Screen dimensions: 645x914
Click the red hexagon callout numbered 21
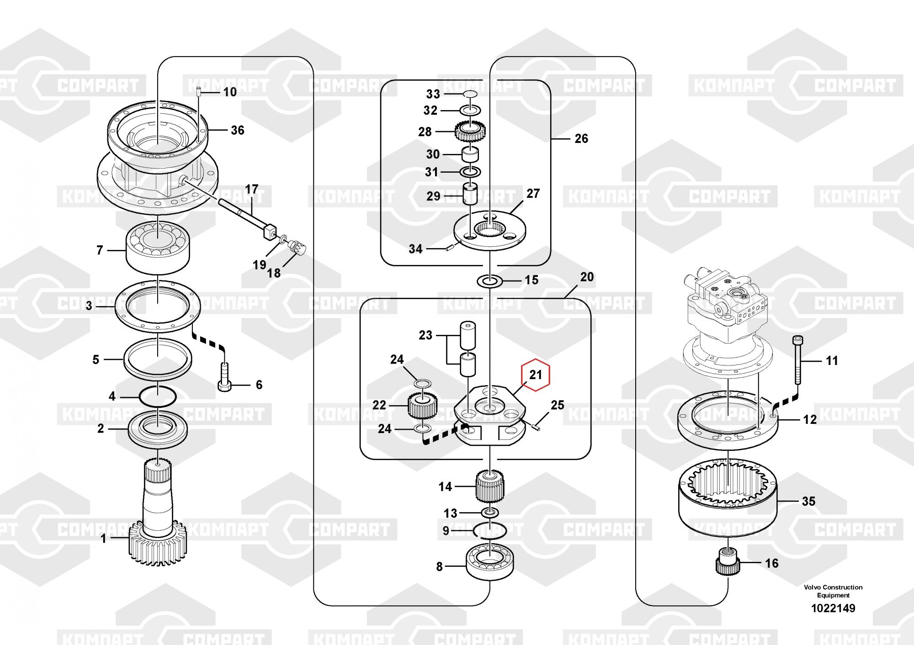point(536,375)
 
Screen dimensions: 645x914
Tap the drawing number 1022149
point(833,608)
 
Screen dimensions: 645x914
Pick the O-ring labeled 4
point(158,396)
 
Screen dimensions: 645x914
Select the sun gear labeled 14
point(490,486)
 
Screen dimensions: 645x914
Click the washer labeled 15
point(489,280)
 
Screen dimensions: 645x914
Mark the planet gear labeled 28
point(470,132)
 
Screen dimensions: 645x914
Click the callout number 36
point(237,130)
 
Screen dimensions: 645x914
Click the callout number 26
point(581,138)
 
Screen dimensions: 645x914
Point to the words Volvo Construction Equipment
point(833,591)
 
